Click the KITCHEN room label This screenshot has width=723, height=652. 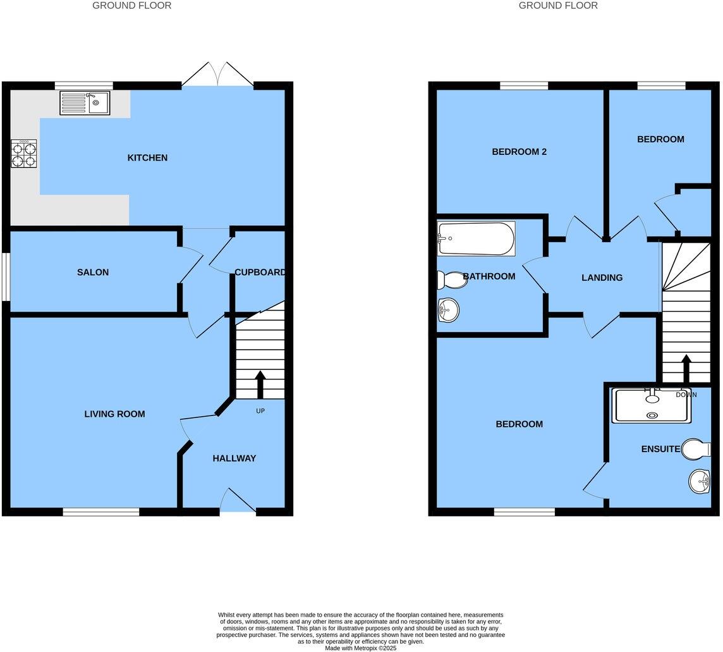click(147, 157)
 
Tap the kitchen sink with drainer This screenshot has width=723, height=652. click(85, 102)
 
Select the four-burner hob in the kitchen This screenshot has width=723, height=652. click(23, 153)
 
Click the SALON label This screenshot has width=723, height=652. click(93, 273)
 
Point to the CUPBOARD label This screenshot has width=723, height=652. click(259, 273)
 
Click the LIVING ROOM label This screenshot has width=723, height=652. click(115, 414)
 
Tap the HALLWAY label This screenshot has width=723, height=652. click(234, 458)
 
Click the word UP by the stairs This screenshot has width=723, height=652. click(260, 411)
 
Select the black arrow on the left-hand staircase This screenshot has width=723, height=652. click(260, 384)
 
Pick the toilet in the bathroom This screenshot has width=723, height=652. click(451, 279)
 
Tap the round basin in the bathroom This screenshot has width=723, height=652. click(448, 310)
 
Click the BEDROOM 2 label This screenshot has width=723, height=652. click(519, 152)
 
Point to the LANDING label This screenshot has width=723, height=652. click(602, 278)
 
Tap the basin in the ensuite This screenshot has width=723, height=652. click(700, 482)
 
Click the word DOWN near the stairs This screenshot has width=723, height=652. click(686, 395)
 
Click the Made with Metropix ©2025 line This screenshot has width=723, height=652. click(360, 648)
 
